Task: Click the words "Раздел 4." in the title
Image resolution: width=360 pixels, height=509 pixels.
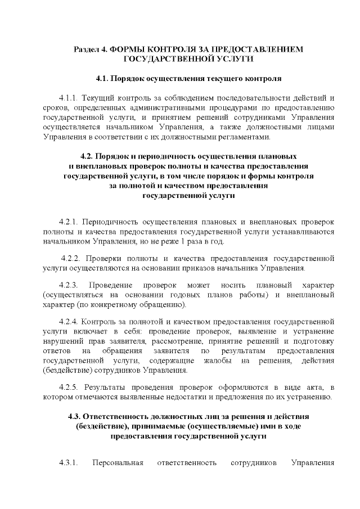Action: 91,49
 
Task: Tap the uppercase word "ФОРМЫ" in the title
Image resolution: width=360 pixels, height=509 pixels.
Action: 129,49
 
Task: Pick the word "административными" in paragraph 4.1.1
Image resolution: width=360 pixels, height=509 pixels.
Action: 169,106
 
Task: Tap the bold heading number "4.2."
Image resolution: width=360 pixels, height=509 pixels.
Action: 87,156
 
